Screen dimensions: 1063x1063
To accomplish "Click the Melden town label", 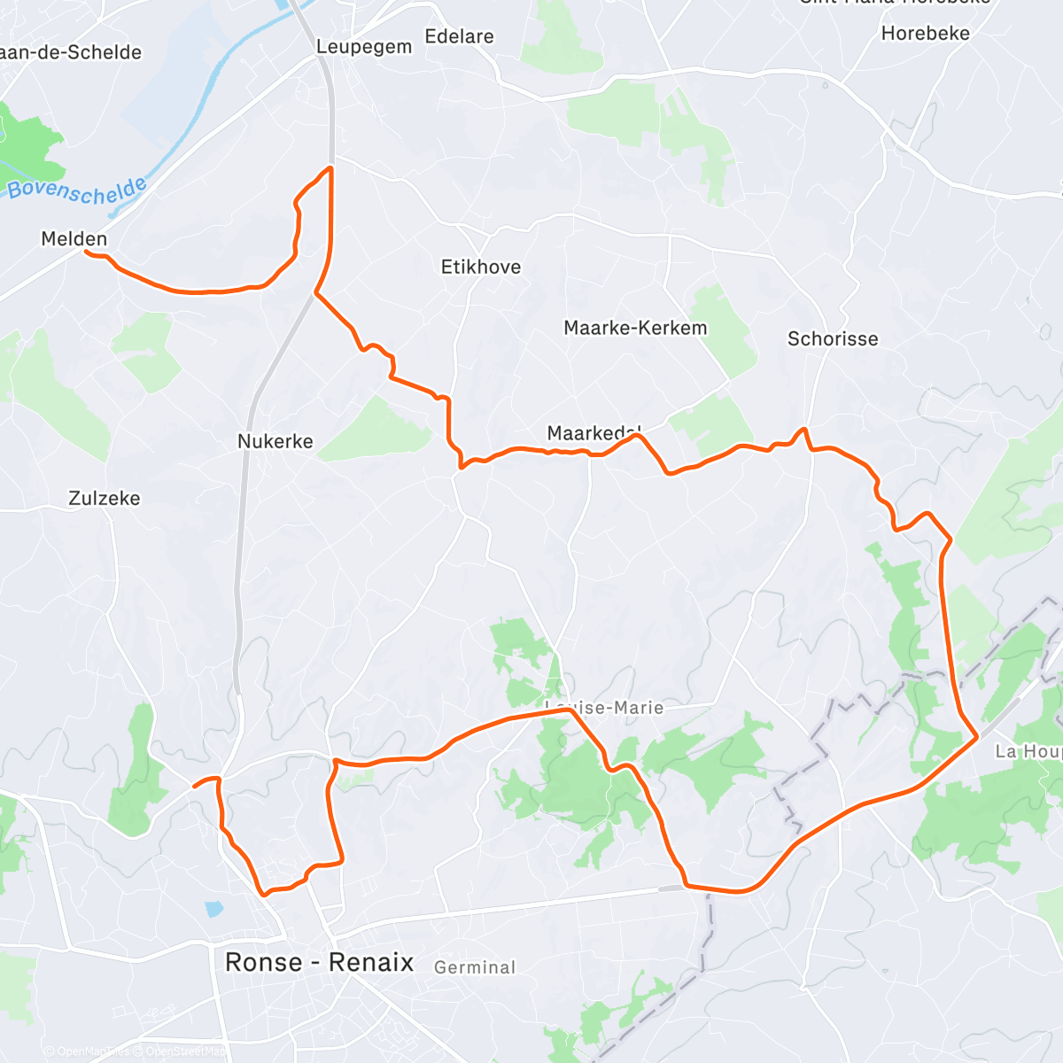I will tap(74, 238).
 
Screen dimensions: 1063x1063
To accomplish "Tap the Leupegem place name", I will tap(364, 46).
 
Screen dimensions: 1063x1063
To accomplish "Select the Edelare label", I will tap(459, 36).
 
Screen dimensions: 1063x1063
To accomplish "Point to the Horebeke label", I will tap(925, 33).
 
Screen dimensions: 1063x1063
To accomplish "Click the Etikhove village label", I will tap(481, 267).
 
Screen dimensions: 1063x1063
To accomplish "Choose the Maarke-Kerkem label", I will tap(635, 328).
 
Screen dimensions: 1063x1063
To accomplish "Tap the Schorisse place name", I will tap(833, 338).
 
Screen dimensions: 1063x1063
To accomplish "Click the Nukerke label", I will tap(275, 441).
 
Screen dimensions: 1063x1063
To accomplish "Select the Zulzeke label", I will tap(105, 498).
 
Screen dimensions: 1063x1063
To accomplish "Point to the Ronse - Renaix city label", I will tap(319, 962).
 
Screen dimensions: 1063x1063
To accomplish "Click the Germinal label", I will tap(475, 967).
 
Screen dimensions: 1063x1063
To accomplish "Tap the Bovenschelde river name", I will tap(78, 190).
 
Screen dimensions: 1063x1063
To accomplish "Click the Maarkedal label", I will tap(594, 433).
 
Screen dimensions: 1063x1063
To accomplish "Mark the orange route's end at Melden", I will tap(87, 252).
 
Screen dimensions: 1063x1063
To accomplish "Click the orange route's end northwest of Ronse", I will tap(195, 785).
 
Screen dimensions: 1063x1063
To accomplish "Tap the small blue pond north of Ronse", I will tap(213, 909).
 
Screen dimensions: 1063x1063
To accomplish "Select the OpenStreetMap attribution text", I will tap(185, 1051).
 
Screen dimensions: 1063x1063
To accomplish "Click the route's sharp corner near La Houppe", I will tap(977, 736).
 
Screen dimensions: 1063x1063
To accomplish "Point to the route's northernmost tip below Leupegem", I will tap(330, 167).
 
